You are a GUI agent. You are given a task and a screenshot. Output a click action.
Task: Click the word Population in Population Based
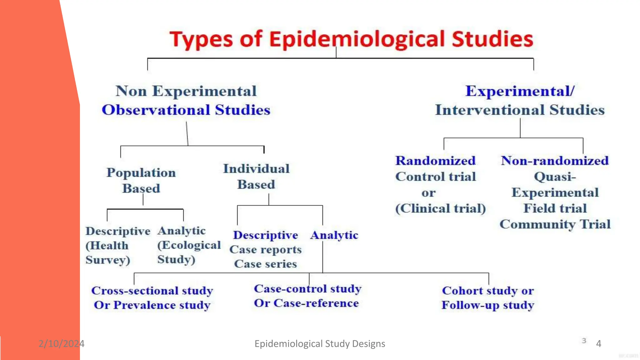click(141, 173)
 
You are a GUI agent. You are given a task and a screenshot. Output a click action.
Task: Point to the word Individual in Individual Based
click(256, 169)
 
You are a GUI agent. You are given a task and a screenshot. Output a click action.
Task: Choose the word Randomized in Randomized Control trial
click(435, 161)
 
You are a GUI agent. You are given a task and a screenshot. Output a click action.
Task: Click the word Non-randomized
click(555, 161)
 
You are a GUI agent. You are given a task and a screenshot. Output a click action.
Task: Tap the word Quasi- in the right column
click(555, 177)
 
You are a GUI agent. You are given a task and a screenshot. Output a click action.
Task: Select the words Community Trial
click(555, 224)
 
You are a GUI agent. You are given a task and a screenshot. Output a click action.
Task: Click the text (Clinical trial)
click(440, 208)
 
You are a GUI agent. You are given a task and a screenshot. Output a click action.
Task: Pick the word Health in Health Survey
click(109, 246)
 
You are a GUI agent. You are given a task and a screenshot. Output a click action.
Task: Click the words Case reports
click(265, 250)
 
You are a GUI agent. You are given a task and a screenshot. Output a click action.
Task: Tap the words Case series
click(265, 264)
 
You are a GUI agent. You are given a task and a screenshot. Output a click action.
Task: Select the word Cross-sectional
click(135, 291)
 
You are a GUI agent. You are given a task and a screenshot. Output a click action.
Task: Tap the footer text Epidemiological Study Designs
click(320, 344)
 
